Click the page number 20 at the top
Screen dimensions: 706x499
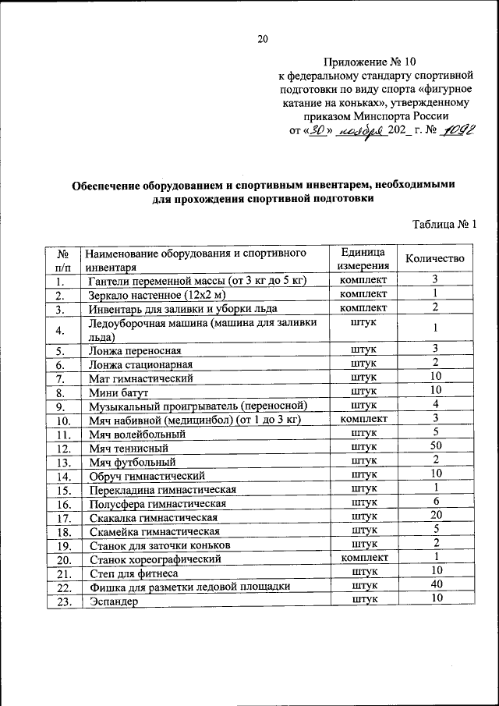coord(262,40)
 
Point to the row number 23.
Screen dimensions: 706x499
coord(64,601)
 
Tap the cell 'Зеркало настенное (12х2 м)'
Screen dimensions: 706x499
coord(157,295)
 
